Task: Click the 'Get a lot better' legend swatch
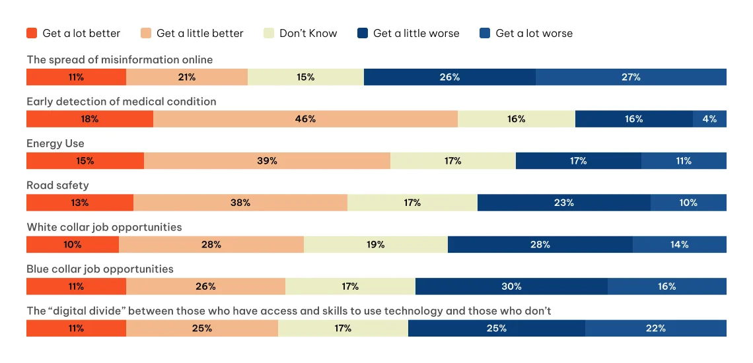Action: [x=32, y=33]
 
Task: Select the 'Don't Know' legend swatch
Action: [x=269, y=33]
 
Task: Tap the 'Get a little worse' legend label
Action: [x=416, y=33]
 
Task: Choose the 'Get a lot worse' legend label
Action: [x=534, y=33]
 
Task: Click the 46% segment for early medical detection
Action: [x=305, y=119]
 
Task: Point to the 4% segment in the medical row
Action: [x=709, y=119]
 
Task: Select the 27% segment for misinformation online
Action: [x=631, y=77]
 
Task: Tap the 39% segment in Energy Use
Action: [x=267, y=161]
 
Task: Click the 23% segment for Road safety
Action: [x=563, y=203]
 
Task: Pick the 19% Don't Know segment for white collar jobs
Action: [x=375, y=245]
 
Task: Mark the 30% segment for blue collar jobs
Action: [x=511, y=286]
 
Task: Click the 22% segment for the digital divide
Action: [x=655, y=328]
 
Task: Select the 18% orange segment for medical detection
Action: [x=90, y=119]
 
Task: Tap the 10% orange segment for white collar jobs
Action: [x=73, y=245]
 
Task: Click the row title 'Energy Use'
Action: [x=55, y=143]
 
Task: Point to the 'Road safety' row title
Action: [x=57, y=185]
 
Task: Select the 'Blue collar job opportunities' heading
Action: [x=100, y=269]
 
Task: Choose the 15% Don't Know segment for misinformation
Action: [x=305, y=77]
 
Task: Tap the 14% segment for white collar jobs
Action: [x=679, y=245]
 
